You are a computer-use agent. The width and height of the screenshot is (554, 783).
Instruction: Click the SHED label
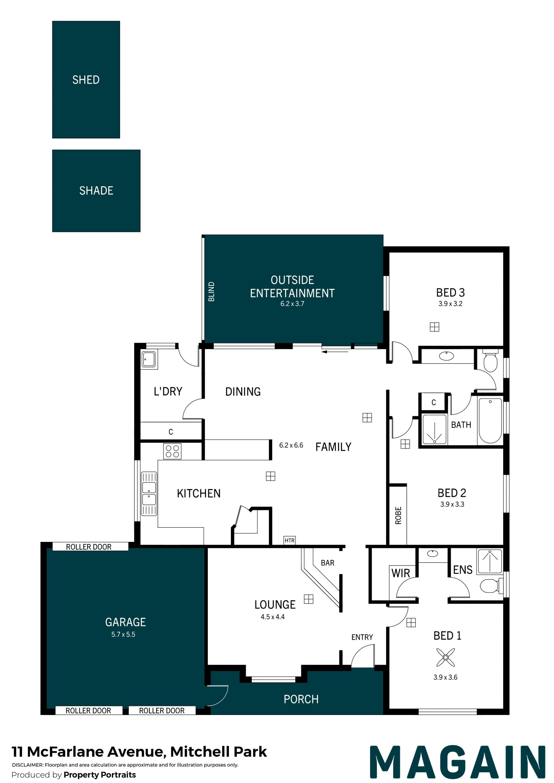tap(86, 80)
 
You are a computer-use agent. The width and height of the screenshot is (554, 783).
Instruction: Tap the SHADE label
tap(96, 191)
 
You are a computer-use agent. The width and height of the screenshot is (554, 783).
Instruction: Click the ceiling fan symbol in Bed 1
tap(446, 657)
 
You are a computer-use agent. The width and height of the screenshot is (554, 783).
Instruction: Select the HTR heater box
tap(290, 540)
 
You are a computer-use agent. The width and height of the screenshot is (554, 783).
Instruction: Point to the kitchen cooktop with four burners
tap(172, 451)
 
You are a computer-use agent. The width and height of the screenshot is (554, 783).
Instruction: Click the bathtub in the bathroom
tap(490, 420)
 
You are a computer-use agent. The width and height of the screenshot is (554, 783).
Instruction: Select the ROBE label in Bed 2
tap(398, 515)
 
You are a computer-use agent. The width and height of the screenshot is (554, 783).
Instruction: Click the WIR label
tap(401, 573)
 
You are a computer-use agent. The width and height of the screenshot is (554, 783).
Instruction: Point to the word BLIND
tap(212, 292)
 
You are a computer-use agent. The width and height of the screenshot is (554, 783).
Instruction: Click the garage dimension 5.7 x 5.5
tap(123, 634)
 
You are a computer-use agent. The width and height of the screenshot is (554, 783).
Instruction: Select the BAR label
tap(327, 563)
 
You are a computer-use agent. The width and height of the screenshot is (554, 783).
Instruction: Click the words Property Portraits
tap(100, 775)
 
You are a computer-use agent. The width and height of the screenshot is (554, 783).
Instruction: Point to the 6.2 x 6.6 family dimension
tap(291, 445)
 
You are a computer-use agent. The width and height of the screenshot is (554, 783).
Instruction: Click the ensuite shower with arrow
tap(490, 561)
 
